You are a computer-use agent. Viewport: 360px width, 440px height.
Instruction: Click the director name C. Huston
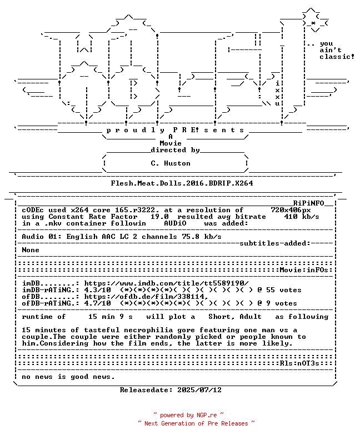click(x=171, y=163)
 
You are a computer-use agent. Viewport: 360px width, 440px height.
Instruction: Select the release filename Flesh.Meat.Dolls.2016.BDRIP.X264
click(x=182, y=183)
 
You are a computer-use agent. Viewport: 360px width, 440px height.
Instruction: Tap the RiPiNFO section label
click(x=309, y=203)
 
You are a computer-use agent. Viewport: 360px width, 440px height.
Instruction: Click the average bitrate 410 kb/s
click(x=302, y=217)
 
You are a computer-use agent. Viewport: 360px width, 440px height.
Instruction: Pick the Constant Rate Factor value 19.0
click(x=159, y=217)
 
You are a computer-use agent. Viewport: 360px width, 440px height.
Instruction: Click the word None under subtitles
click(x=31, y=250)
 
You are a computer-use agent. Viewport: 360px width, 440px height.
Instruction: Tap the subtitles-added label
click(x=275, y=243)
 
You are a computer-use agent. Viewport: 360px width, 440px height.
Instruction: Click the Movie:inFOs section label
click(x=304, y=270)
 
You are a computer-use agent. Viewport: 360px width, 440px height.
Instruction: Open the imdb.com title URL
click(x=167, y=283)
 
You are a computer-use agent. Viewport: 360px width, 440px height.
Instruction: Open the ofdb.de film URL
click(x=146, y=297)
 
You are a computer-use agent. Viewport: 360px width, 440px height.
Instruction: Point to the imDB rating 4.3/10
click(x=97, y=290)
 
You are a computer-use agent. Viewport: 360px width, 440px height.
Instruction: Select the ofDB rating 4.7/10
click(x=97, y=303)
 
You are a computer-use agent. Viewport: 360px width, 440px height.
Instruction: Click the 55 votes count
click(x=284, y=290)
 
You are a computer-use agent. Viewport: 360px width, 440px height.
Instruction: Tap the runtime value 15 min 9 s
click(x=111, y=317)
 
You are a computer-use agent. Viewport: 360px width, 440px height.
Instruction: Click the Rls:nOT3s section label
click(x=299, y=363)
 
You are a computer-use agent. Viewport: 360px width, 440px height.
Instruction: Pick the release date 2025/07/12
click(x=199, y=390)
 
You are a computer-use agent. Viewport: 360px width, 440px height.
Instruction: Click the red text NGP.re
click(x=207, y=415)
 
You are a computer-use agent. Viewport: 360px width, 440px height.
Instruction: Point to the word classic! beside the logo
click(x=337, y=57)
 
